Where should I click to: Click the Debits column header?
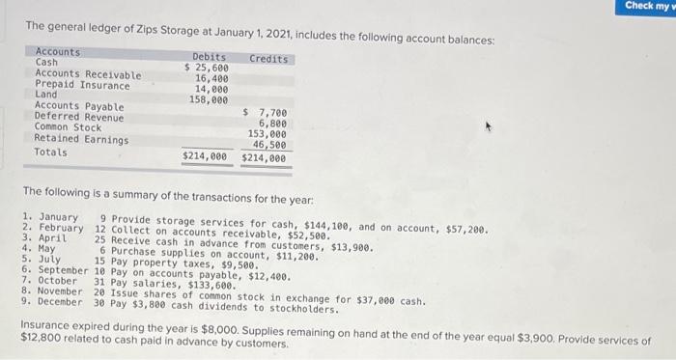click(210, 58)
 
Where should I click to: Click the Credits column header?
click(268, 59)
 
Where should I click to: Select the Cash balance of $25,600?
click(207, 69)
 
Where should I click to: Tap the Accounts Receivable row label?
click(87, 74)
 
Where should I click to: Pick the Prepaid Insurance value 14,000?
click(211, 89)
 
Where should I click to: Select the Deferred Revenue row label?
click(79, 117)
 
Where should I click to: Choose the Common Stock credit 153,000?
click(267, 134)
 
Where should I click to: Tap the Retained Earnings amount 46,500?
click(268, 145)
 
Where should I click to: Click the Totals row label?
click(51, 152)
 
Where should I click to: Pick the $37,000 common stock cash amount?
click(378, 300)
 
